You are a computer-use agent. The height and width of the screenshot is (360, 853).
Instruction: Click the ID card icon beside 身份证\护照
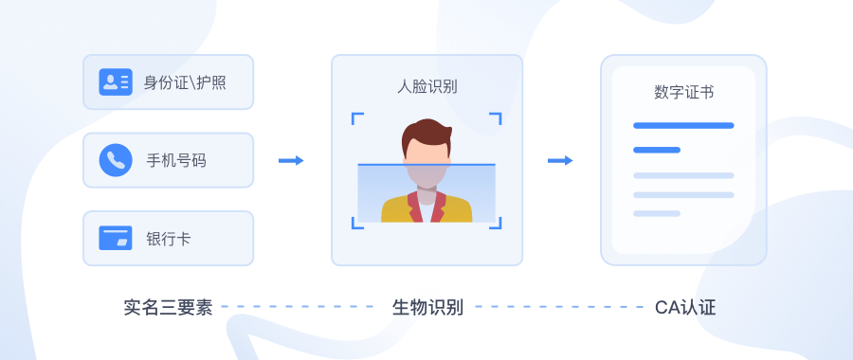[116, 82]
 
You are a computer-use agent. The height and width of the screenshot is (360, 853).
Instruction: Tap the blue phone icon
[116, 160]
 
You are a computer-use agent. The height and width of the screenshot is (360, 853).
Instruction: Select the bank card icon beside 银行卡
[116, 238]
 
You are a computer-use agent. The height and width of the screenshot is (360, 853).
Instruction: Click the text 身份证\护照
[185, 82]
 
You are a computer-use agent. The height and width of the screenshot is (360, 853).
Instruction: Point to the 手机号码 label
[175, 160]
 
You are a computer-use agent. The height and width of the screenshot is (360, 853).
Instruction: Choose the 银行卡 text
[168, 238]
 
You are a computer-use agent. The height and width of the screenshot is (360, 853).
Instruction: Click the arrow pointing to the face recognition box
[291, 160]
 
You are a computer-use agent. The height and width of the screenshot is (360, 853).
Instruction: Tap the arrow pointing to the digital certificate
[560, 160]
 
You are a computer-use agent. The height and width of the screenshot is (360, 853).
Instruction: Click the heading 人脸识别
[426, 86]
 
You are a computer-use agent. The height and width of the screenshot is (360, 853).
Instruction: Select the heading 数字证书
[683, 92]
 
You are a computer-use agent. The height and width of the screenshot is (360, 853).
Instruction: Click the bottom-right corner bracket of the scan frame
[496, 224]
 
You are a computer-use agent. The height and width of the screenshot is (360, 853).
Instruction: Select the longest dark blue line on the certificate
[683, 125]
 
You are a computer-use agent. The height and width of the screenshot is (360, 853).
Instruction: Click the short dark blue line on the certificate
[657, 150]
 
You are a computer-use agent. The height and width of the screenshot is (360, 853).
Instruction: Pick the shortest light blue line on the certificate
[657, 213]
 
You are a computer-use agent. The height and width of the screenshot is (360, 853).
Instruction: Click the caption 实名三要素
[168, 307]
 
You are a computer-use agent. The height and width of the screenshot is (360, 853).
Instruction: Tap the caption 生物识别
[427, 307]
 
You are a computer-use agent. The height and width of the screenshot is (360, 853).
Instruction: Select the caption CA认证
[685, 307]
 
